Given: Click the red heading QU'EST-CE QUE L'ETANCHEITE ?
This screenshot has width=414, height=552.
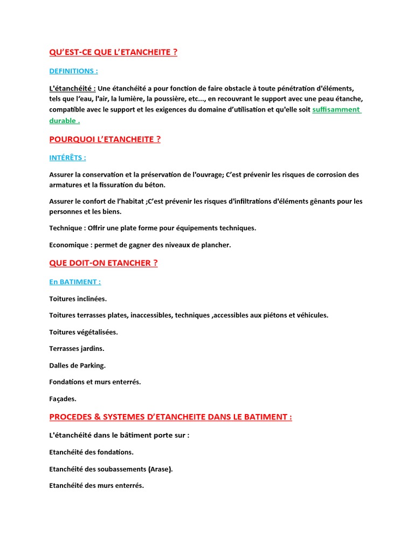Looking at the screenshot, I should (113, 52).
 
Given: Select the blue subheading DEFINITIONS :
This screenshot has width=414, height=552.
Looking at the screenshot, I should (73, 71).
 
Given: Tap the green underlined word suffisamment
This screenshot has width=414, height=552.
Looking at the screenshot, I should (336, 109).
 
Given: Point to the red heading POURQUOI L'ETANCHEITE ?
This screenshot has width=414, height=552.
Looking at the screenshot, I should (105, 140).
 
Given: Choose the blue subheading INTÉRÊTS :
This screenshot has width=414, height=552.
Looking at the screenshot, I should (67, 158).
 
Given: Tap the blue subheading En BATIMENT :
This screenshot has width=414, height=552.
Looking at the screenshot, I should (75, 281).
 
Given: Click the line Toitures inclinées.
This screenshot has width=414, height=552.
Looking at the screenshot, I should (78, 299).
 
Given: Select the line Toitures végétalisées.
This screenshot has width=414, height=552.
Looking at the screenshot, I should (83, 332).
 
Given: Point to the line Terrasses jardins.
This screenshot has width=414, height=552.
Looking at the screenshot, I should (77, 349).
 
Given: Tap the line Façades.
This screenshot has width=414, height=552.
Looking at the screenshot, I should (63, 399).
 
